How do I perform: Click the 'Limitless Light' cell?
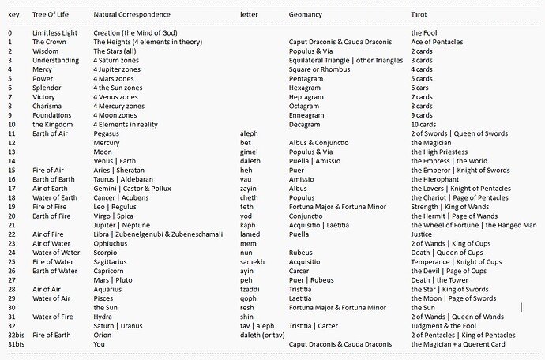(x=56, y=32)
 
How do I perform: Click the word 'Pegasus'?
(x=107, y=133)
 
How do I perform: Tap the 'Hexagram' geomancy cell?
(x=305, y=88)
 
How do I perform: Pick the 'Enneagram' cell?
(x=306, y=115)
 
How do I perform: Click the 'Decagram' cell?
(x=305, y=124)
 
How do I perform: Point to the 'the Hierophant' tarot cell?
(x=434, y=179)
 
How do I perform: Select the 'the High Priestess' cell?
(x=438, y=152)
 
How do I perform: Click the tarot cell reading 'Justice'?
(x=422, y=234)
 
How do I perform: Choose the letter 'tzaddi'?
(x=250, y=289)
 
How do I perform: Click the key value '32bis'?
(x=16, y=335)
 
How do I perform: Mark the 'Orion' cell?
(x=103, y=335)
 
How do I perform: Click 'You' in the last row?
(x=100, y=344)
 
